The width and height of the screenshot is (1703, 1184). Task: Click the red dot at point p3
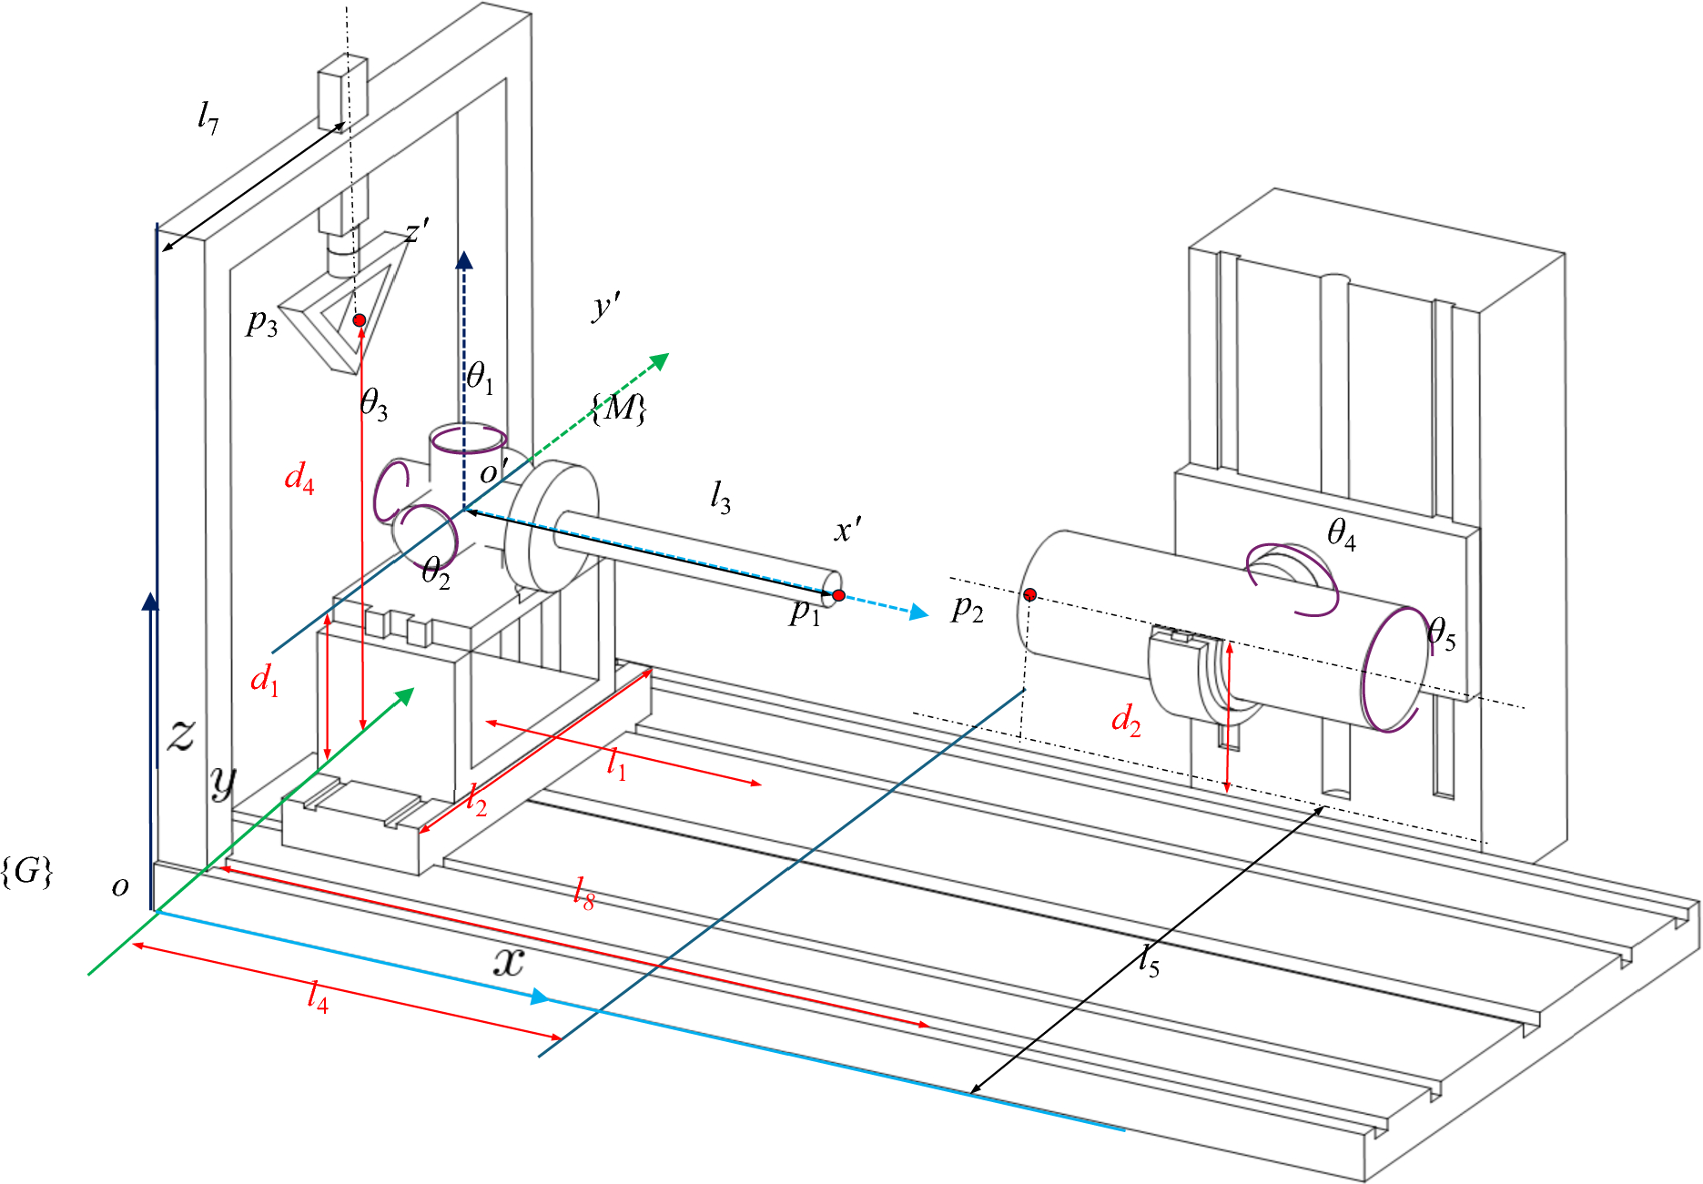pyautogui.click(x=360, y=320)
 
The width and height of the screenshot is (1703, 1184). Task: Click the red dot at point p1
pyautogui.click(x=838, y=595)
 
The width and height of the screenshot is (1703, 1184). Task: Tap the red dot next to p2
pyautogui.click(x=1029, y=594)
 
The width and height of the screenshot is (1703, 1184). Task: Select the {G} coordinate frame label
pyautogui.click(x=27, y=872)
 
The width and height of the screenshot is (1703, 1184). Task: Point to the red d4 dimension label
pyautogui.click(x=299, y=477)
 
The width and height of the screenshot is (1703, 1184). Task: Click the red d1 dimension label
pyautogui.click(x=265, y=679)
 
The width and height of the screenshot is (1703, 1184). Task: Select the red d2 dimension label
pyautogui.click(x=1126, y=720)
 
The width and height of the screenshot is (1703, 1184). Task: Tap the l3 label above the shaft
pyautogui.click(x=720, y=498)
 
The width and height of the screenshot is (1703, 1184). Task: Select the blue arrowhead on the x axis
pyautogui.click(x=540, y=997)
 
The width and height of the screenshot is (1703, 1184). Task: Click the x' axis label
pyautogui.click(x=847, y=530)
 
